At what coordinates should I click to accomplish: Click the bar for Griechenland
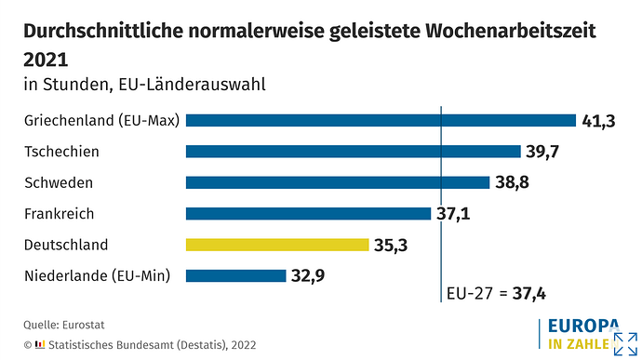pos(381,120)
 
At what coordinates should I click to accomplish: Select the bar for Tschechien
pos(354,152)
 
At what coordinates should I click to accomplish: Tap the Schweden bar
pos(338,182)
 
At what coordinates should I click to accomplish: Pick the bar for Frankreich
pos(308,214)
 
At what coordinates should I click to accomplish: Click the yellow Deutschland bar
pos(277,245)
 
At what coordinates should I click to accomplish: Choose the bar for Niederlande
pos(235,275)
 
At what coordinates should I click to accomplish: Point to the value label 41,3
pos(599,121)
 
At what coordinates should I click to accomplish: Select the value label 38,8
pos(513,182)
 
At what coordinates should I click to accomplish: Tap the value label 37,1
pos(454,214)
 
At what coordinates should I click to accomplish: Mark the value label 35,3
pos(392,246)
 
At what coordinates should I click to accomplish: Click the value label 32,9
pos(308,276)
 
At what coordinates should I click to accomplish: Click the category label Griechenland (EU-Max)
pos(102,120)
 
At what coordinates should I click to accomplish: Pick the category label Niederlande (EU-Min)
pos(98,275)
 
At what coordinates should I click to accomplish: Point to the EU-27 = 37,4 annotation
pos(496,294)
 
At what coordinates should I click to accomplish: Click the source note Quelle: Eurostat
pos(62,325)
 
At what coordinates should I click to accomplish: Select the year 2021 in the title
pos(46,59)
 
